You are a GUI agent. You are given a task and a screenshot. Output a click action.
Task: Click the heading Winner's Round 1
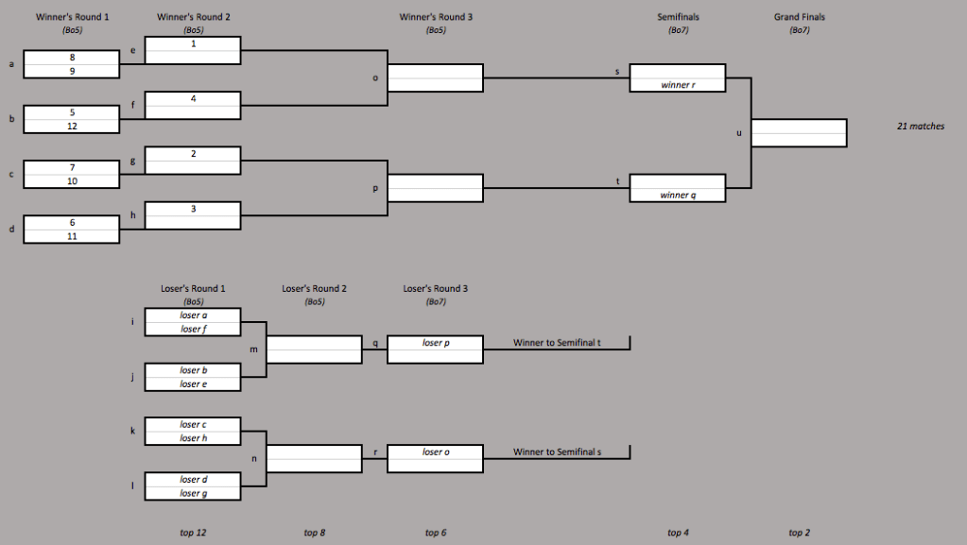(72, 17)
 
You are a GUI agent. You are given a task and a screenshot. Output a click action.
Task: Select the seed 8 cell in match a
(72, 58)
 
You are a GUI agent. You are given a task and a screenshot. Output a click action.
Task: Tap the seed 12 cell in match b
(72, 126)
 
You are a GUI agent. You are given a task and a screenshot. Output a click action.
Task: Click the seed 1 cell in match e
(193, 43)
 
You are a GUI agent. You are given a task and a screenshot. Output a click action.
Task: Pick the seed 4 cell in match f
(193, 98)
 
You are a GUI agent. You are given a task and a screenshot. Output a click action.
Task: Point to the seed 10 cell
(72, 180)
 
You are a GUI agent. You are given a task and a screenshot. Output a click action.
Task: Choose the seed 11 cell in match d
(72, 235)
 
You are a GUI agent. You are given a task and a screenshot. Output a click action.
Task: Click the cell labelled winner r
(677, 85)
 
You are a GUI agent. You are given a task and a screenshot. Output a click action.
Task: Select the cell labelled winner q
(677, 195)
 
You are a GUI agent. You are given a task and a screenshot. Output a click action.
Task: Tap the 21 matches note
(920, 126)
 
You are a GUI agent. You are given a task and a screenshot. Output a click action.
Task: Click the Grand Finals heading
(800, 17)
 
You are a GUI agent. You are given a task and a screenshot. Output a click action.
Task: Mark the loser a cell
(193, 315)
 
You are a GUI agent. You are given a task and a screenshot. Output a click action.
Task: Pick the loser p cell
(435, 343)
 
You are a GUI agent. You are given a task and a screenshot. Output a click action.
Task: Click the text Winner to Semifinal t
(557, 343)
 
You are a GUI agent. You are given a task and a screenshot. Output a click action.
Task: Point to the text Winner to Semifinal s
(557, 451)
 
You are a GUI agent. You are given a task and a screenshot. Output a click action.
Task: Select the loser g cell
(193, 493)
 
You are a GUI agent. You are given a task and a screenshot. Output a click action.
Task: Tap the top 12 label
(193, 533)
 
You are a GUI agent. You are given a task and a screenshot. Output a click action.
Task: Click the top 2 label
(800, 533)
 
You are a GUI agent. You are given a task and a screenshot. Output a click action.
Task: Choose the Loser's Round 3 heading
(435, 289)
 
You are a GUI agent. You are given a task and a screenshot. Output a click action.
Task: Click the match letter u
(739, 133)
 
